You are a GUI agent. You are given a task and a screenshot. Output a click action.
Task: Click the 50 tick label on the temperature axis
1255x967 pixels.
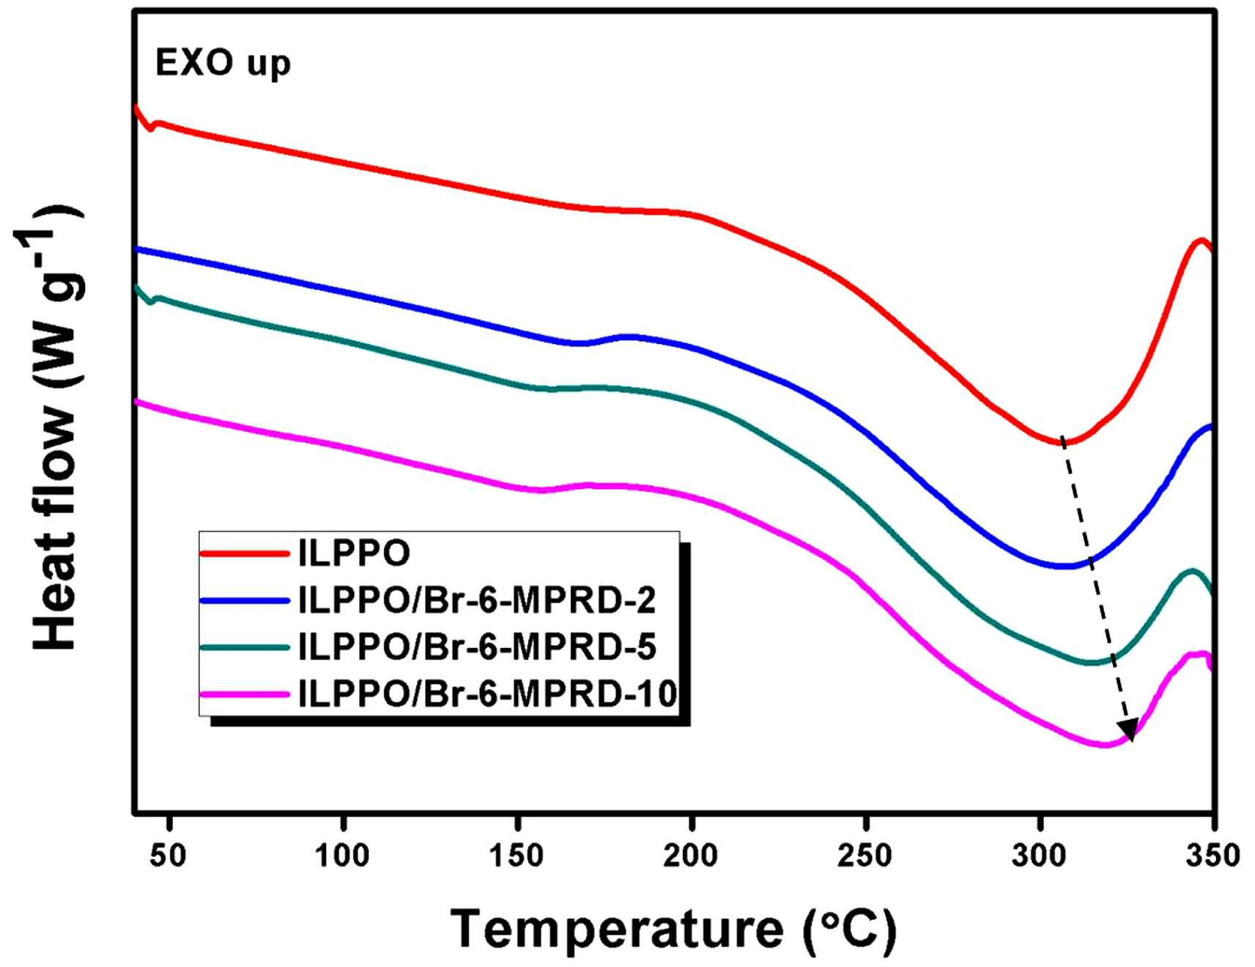point(168,855)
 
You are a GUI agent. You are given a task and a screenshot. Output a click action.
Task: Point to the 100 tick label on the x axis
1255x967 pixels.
point(342,855)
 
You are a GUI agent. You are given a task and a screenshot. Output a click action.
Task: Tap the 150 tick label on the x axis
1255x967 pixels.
point(517,855)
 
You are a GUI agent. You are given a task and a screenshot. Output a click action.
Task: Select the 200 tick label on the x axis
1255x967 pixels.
point(691,855)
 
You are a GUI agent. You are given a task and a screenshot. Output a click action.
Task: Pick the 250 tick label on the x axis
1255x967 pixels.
point(865,855)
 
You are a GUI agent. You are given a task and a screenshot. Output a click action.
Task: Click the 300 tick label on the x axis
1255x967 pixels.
point(1040,855)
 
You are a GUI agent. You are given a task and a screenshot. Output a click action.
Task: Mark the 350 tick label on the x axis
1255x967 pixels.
point(1213,855)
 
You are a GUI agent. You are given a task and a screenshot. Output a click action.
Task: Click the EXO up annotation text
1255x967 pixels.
point(223,65)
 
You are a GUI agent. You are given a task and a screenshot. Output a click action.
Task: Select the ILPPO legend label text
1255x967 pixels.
point(355,554)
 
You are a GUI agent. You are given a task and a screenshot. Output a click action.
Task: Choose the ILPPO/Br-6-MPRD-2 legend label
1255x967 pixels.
point(478,600)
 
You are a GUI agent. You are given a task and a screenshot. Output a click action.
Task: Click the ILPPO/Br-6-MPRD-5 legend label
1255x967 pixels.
point(478,647)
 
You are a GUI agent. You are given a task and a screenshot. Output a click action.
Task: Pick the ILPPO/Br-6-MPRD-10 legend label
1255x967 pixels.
point(488,693)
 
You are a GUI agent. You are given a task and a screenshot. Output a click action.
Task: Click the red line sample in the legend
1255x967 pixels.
point(245,554)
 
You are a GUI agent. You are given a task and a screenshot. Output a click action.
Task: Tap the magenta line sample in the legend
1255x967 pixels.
point(245,693)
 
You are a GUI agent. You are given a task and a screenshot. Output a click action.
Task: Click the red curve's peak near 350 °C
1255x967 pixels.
point(1201,240)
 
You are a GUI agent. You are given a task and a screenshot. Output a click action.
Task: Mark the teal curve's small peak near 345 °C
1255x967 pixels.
point(1192,570)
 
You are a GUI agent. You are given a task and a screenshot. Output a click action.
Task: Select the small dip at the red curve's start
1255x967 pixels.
point(151,129)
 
